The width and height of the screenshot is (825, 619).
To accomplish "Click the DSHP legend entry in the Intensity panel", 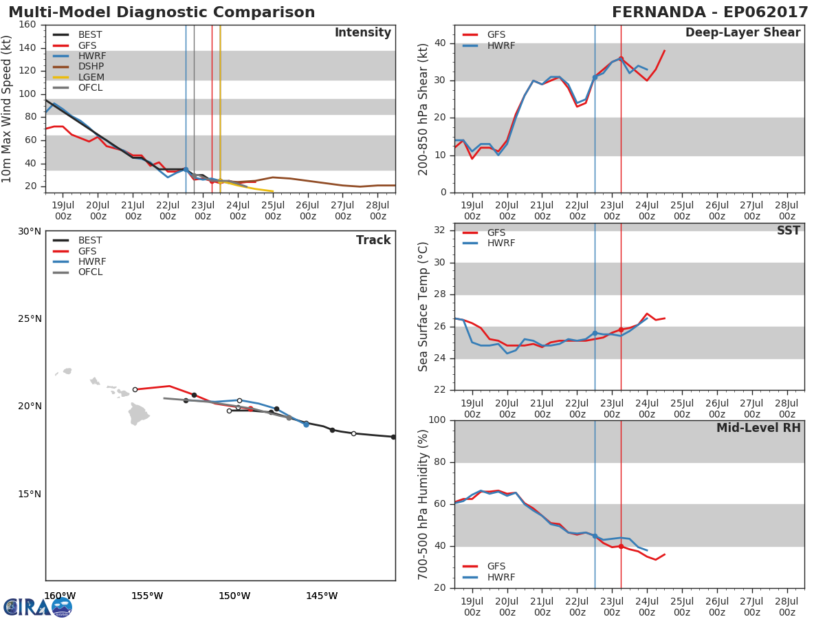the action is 78,67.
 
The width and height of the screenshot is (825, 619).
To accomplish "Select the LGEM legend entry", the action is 78,77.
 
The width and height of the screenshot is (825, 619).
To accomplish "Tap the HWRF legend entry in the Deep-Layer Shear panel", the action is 489,45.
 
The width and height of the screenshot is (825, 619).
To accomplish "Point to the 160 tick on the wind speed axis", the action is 27,25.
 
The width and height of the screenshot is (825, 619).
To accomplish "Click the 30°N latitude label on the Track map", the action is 30,232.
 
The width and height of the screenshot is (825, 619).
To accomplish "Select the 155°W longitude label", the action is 147,596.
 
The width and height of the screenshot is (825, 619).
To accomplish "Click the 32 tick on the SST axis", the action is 440,230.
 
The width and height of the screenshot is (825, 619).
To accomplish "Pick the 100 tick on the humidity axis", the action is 437,420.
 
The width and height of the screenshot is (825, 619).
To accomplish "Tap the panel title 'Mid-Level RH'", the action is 758,428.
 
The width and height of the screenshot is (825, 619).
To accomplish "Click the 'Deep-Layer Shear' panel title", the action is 743,32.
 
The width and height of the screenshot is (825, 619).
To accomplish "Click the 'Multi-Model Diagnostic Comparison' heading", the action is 162,12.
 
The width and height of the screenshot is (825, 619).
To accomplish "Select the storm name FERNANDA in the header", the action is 659,12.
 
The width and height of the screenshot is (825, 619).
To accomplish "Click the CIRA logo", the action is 38,607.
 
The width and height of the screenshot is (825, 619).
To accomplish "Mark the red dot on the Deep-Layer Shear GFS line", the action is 621,58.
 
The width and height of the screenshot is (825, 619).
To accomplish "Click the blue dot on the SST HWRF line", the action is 595,334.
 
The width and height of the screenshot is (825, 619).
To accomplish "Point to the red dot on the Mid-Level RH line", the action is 621,547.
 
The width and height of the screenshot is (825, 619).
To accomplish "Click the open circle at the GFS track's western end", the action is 135,389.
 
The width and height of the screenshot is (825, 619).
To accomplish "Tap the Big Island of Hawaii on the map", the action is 138,413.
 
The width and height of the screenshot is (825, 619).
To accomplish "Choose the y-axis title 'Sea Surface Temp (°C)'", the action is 423,307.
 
